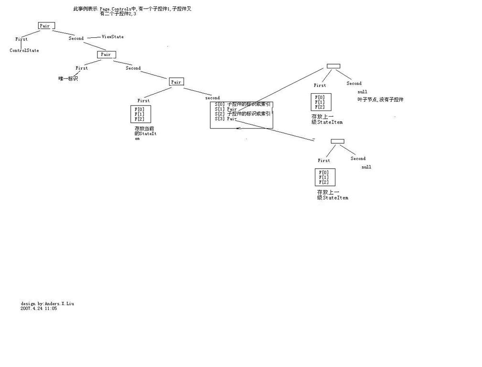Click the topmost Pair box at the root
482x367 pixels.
coord(46,26)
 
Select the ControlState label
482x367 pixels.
coord(24,50)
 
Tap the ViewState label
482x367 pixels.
coord(113,37)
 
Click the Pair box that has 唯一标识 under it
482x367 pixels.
coord(106,54)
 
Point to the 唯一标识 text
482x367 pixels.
coord(68,78)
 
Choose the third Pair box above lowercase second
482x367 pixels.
coord(176,82)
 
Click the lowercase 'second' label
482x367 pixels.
coord(213,98)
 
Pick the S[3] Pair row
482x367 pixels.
coord(226,119)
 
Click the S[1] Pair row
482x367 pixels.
coord(226,109)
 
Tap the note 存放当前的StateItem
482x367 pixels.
coord(145,133)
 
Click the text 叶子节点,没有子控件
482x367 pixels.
coord(380,99)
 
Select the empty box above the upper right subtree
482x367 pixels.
coord(333,66)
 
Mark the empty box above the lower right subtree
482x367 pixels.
coord(337,141)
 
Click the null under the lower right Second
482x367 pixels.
coord(366,167)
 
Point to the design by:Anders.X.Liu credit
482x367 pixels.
coord(47,303)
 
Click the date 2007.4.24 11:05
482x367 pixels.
coord(39,309)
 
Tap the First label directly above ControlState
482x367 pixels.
coord(21,39)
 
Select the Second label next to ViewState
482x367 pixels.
coord(76,38)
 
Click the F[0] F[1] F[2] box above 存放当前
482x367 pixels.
coord(140,114)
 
